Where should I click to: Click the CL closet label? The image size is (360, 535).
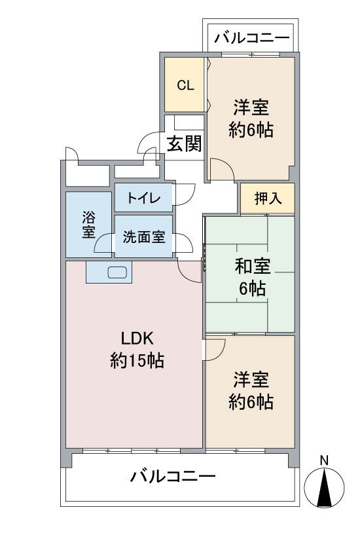click(185, 85)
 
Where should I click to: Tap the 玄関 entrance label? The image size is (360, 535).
click(184, 143)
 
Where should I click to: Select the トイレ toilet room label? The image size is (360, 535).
click(143, 198)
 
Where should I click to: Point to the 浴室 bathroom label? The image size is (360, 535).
click(88, 225)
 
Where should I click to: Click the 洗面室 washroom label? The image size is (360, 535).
click(144, 237)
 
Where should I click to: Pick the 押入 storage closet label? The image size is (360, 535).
click(268, 198)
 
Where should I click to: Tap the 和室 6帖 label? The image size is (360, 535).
click(252, 277)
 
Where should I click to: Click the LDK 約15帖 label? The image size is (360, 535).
click(137, 350)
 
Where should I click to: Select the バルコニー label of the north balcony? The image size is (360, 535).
click(251, 37)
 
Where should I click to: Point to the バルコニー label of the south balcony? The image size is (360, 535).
click(173, 476)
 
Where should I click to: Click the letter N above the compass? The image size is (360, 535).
click(324, 460)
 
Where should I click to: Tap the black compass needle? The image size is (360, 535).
click(324, 487)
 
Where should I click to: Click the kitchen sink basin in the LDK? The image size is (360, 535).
click(118, 272)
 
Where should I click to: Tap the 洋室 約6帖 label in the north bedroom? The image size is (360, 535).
click(251, 119)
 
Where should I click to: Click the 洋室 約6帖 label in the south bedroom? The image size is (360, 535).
click(251, 391)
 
